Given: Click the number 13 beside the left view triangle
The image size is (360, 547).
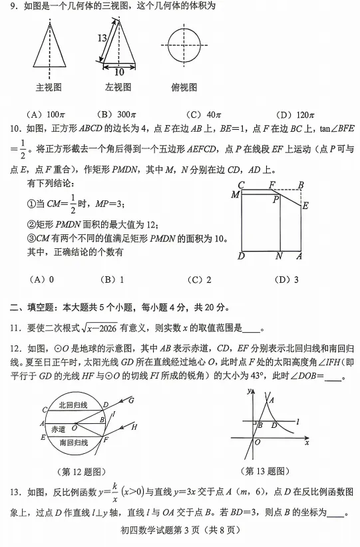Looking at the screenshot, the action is point(102,39).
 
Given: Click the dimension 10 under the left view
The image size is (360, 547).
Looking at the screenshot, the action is point(119,71).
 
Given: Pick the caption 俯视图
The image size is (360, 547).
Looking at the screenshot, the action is point(184,87).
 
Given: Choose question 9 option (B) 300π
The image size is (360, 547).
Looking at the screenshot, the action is point(117,114).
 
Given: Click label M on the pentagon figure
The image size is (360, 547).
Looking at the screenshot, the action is point(235,194).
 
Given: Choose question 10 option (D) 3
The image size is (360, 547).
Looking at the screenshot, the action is point(287,279).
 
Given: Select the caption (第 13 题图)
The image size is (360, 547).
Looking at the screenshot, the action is point(268,471).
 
